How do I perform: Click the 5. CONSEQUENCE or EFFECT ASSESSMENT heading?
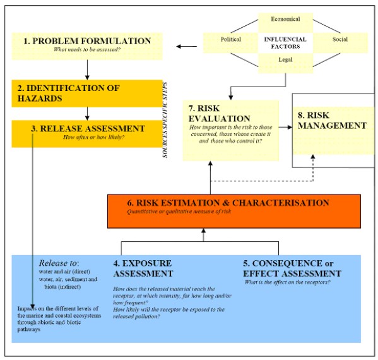[x=292, y=267]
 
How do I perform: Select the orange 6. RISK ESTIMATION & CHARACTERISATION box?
[x=234, y=210]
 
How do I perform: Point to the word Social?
[x=340, y=39]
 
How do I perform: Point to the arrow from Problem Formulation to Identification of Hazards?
[x=86, y=67]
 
